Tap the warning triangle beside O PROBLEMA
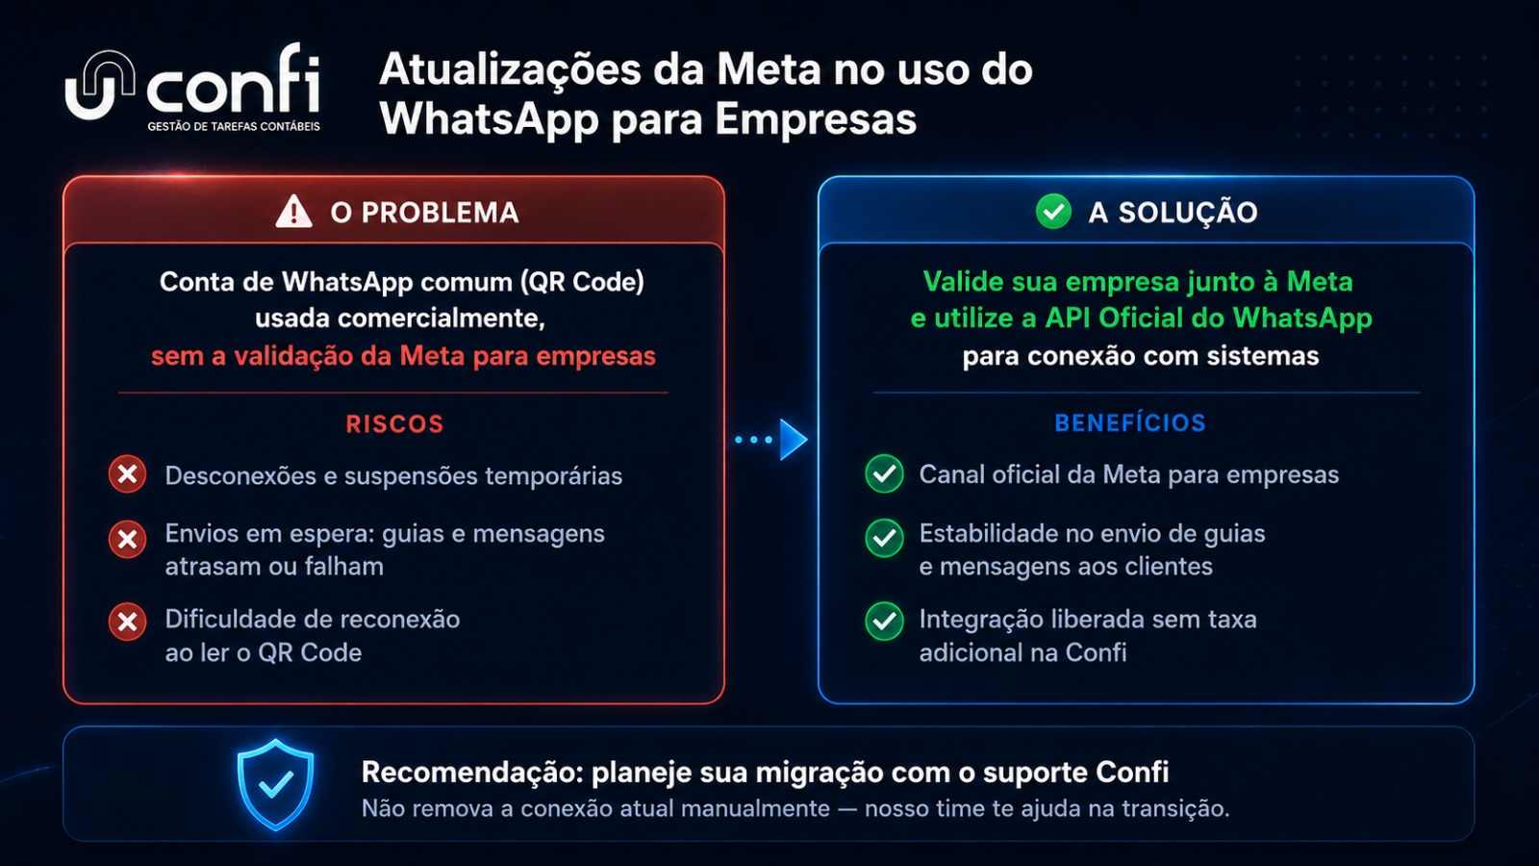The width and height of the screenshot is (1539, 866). coord(293,211)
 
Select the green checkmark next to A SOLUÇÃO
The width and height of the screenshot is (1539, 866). coord(1053,211)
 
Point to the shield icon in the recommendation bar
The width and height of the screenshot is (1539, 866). coord(275,784)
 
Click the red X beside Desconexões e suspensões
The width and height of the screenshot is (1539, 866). coord(127,474)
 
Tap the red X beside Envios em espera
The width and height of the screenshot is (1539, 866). coord(127,539)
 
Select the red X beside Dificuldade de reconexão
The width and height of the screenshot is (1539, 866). coord(127,622)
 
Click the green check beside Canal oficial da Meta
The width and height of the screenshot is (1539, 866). coord(884,473)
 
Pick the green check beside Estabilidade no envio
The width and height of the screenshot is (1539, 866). coord(884,538)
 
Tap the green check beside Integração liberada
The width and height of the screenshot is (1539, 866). coord(884,622)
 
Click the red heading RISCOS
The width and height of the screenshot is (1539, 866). coord(394,424)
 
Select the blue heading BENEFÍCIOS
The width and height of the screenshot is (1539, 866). coord(1130,422)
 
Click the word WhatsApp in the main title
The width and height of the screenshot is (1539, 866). coord(490,119)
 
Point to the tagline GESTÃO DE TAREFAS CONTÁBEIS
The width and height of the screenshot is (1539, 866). coord(234,126)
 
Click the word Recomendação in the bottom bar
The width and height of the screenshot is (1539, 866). coord(471,773)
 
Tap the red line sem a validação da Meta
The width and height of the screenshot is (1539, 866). coord(403,356)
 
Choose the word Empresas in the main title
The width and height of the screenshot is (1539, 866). coord(816,119)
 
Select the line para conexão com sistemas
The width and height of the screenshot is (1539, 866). coord(1141,356)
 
